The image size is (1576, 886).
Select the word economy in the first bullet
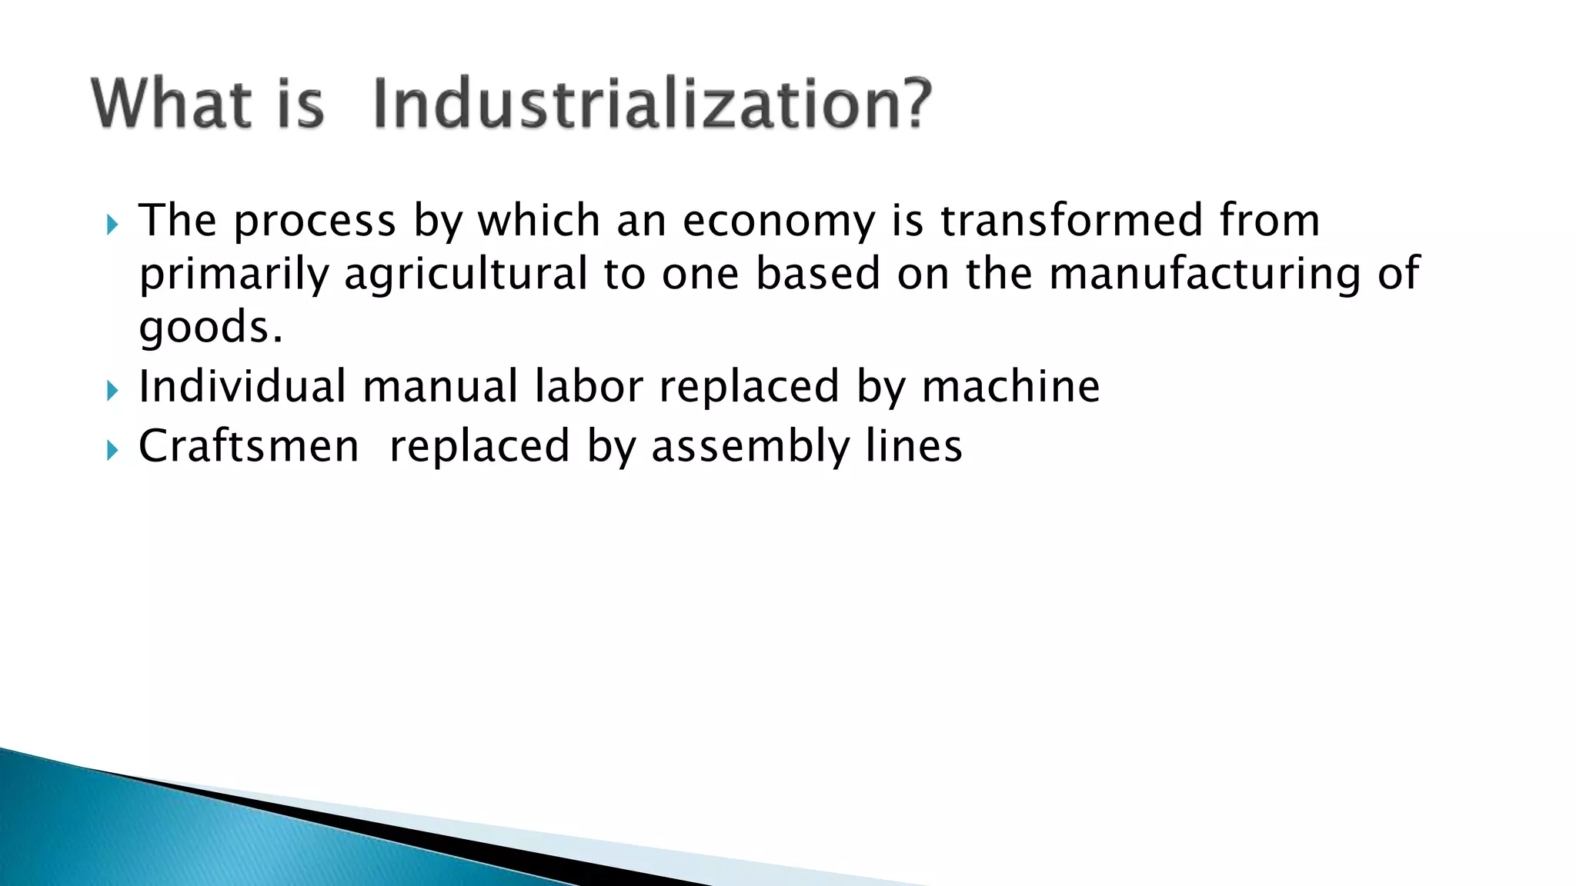click(779, 221)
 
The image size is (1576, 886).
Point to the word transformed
click(1071, 221)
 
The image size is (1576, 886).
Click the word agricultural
click(466, 275)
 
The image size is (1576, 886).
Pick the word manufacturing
click(1205, 275)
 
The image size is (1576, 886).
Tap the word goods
click(210, 328)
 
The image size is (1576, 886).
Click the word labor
click(589, 386)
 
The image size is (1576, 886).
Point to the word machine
click(1010, 386)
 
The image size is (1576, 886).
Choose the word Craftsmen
click(249, 446)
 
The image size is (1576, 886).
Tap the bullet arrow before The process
click(112, 225)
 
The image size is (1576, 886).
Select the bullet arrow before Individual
click(112, 391)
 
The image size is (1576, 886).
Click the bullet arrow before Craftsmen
click(112, 451)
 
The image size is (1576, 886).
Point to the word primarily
click(234, 275)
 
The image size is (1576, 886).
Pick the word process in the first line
click(315, 222)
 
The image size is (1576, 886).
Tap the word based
click(818, 275)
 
